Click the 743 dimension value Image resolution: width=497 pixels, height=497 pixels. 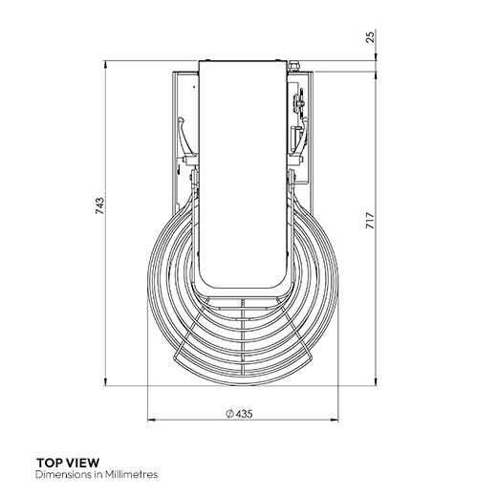100,205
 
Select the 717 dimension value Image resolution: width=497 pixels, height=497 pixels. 370,221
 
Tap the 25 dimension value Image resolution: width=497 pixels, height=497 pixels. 370,37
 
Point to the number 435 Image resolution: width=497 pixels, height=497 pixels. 245,414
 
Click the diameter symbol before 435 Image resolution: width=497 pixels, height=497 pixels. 229,414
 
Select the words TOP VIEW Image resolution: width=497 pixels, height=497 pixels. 68,463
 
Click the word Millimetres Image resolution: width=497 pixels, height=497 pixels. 131,474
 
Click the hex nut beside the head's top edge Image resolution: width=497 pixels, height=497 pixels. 293,66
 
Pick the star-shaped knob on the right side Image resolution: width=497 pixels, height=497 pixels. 300,102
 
